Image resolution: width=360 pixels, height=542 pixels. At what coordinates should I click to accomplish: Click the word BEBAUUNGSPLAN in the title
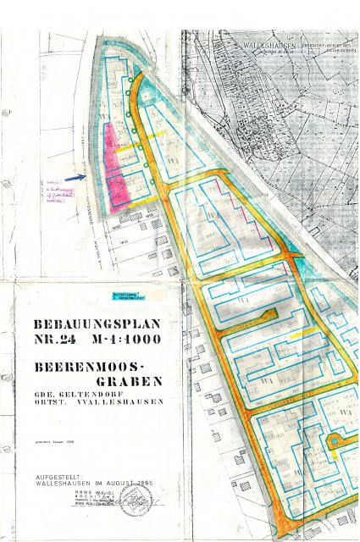pyautogui.click(x=95, y=324)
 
